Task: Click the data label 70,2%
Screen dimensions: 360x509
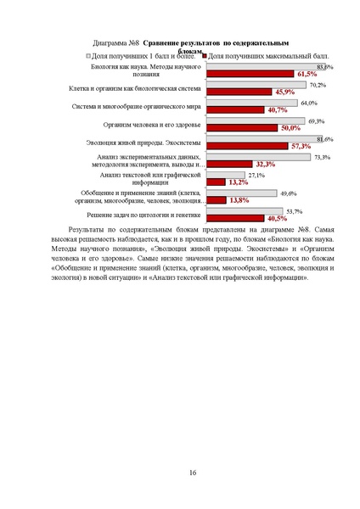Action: pyautogui.click(x=319, y=85)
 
